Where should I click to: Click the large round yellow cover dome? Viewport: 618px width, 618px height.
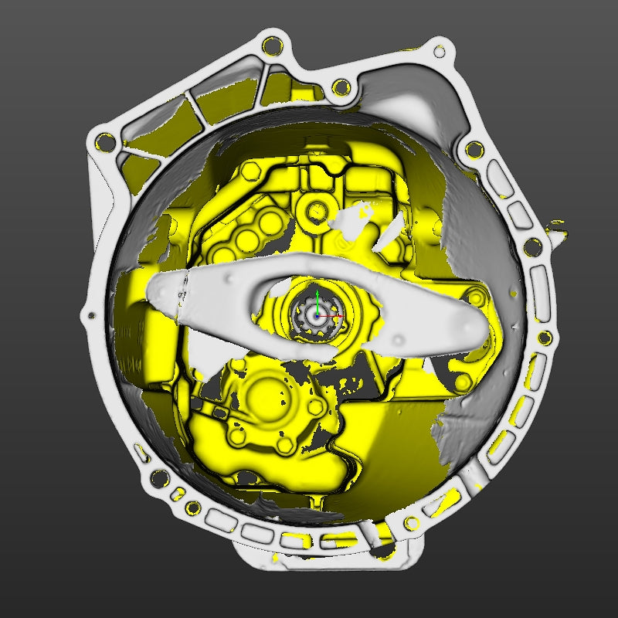coord(267,395)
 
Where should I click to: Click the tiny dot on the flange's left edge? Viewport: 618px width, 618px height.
coord(92,316)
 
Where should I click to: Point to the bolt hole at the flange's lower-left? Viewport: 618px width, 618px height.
coord(160,478)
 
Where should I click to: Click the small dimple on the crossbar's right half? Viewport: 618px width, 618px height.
coord(398,338)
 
